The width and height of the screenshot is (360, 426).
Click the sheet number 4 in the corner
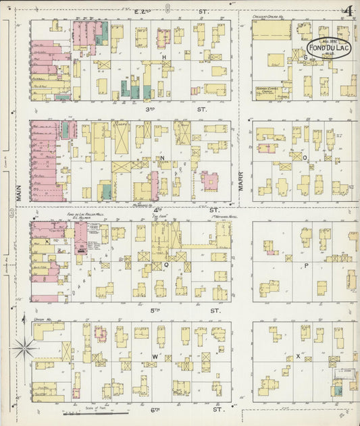349,10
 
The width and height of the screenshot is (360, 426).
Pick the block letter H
163,58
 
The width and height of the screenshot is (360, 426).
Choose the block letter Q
157,266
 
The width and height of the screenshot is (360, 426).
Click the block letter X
297,356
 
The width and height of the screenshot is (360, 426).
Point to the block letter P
305,265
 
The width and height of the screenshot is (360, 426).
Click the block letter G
305,57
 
